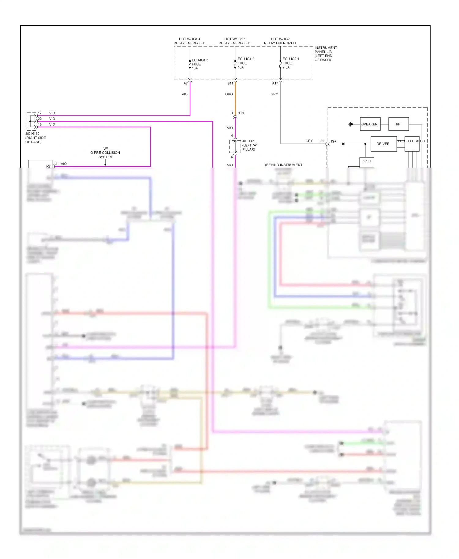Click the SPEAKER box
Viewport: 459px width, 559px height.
[x=370, y=124]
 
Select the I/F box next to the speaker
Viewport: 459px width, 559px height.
[x=398, y=124]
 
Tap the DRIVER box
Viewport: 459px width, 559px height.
[x=383, y=144]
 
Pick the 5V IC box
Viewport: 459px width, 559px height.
[x=367, y=161]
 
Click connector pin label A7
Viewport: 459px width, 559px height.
[x=185, y=83]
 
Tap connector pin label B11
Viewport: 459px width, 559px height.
[x=230, y=83]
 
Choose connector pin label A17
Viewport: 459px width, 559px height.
[x=275, y=83]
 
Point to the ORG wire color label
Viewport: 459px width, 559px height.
[x=229, y=94]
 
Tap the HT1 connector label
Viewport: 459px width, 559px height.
[x=241, y=113]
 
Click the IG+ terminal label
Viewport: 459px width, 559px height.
[x=334, y=141]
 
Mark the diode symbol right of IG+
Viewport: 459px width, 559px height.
[x=344, y=144]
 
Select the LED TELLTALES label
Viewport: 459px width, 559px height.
[x=412, y=141]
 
